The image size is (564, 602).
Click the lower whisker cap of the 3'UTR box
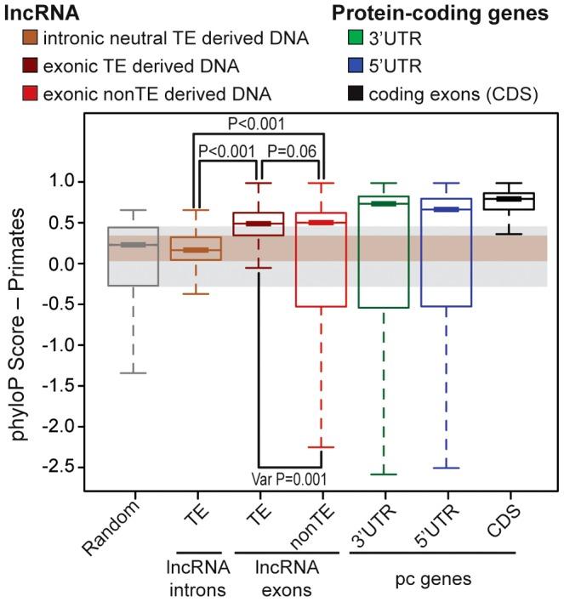[385, 474]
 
